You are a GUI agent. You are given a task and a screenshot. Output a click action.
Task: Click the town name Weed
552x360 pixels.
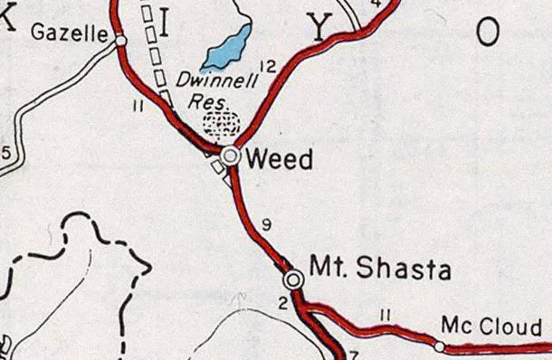coord(280,160)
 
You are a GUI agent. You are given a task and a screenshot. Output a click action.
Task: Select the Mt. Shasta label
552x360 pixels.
coord(366,268)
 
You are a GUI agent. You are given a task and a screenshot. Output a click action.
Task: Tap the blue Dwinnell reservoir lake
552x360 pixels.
coord(225,49)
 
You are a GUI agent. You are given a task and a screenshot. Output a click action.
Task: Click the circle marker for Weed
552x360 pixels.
coord(231,156)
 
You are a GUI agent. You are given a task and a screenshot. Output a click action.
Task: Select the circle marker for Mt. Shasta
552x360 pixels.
coord(294,279)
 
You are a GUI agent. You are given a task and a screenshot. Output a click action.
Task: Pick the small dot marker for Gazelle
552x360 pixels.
coord(120,40)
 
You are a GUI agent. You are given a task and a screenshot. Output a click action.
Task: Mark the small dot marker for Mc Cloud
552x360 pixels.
coord(440,346)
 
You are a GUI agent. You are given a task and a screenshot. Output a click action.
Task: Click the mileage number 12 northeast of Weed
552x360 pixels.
coord(266,65)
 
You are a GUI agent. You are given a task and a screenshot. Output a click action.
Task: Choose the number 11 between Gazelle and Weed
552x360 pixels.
coord(138,108)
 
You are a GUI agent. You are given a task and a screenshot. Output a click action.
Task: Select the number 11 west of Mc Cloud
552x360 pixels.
coord(385,314)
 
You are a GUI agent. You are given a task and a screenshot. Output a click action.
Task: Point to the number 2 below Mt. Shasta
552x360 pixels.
coord(282,303)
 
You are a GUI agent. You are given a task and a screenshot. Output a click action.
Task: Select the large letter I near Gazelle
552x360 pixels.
coord(165,26)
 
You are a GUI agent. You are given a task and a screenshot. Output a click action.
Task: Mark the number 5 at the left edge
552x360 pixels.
coord(5,152)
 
